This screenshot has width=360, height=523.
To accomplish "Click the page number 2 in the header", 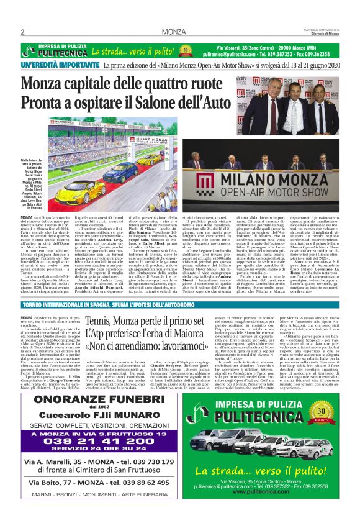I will [x=23, y=32].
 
